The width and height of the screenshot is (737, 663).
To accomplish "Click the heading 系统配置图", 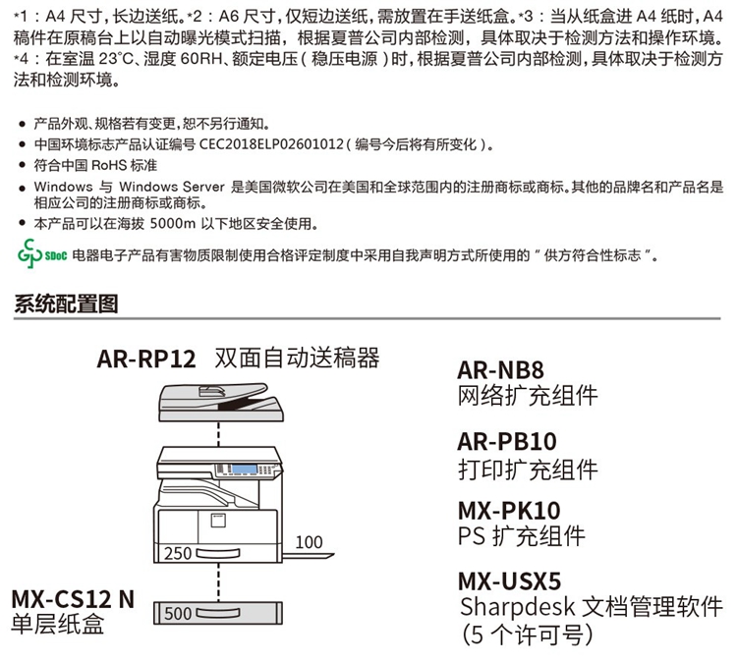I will [x=67, y=304].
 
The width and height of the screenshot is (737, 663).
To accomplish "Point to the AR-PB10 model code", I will [x=507, y=441].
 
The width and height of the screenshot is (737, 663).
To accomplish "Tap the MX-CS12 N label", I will [x=73, y=598].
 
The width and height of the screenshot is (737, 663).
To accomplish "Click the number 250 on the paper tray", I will [x=178, y=553].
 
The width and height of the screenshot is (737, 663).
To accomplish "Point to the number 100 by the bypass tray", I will [x=308, y=541].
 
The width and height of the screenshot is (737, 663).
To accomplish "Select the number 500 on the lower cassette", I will [x=178, y=616].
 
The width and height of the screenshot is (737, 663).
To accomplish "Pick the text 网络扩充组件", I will [x=528, y=397].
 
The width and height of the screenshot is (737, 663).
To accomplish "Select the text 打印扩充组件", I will [x=528, y=468].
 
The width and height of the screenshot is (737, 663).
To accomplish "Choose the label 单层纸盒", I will [x=58, y=624].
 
